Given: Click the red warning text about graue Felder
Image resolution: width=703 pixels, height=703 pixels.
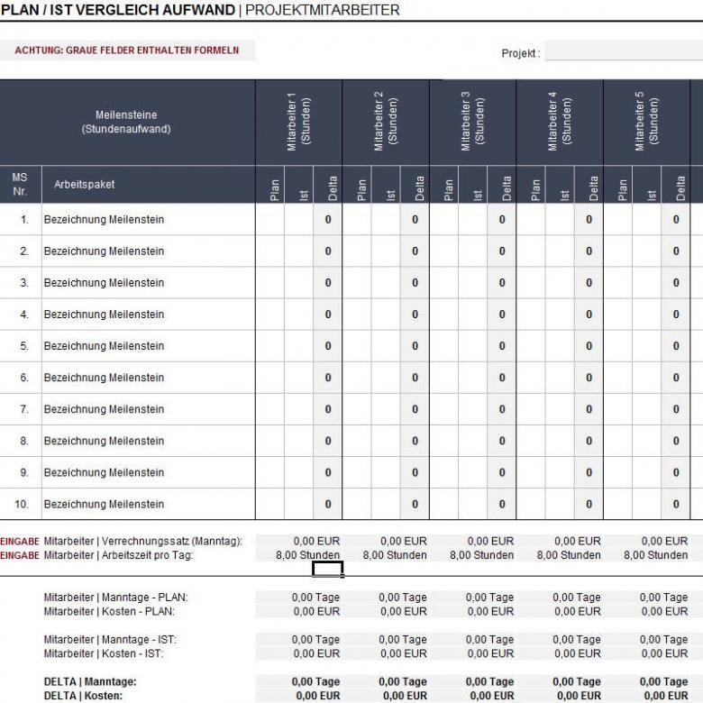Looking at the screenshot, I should (127, 50).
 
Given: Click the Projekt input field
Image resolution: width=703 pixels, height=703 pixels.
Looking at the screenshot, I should (623, 53).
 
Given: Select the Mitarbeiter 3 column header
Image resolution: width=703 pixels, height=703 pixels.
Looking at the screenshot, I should (472, 122).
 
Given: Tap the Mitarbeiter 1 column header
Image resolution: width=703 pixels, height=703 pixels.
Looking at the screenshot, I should (298, 122).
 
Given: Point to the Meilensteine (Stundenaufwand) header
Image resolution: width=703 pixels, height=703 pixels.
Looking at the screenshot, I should (126, 122).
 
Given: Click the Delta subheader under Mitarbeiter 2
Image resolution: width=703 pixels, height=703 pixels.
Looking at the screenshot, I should (415, 187).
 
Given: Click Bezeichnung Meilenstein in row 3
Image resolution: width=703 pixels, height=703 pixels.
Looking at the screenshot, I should (104, 283).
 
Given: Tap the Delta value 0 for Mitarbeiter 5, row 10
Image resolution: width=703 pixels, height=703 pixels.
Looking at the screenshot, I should (676, 504).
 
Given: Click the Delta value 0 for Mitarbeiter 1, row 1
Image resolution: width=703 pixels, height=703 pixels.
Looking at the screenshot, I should (328, 220).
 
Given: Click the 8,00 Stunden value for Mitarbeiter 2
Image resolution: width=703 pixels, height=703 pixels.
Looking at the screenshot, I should (395, 555).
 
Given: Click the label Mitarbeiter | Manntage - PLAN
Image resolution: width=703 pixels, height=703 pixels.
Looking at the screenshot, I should (115, 598).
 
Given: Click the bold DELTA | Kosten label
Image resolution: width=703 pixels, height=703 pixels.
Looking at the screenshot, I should (84, 696).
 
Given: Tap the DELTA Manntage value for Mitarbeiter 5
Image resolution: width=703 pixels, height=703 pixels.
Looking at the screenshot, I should (663, 682).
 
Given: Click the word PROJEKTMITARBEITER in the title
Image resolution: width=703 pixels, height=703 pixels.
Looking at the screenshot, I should (322, 10).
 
